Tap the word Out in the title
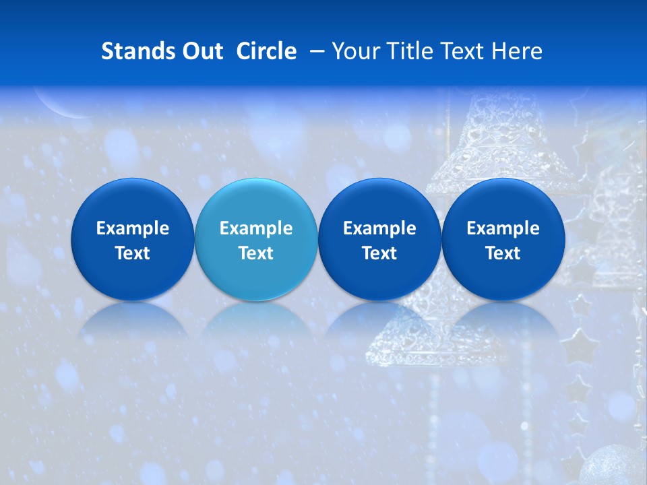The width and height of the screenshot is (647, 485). click(200, 51)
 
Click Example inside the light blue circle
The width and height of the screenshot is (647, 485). click(256, 228)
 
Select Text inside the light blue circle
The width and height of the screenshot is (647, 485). click(256, 253)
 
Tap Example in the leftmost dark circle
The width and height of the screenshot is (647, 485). click(133, 228)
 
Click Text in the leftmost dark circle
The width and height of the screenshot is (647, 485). click(133, 253)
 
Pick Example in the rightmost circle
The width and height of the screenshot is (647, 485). click(503, 228)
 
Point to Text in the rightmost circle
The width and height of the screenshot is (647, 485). click(503, 253)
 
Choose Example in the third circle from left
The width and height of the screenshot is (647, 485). click(379, 228)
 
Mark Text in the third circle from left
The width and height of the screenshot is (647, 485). click(379, 253)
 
